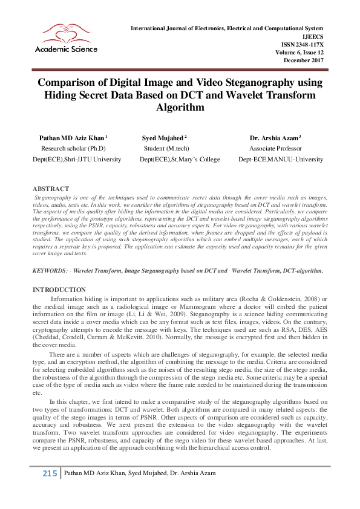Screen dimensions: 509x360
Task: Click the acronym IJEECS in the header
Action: pyautogui.click(x=313, y=36)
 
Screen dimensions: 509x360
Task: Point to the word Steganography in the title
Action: pyautogui.click(x=241, y=82)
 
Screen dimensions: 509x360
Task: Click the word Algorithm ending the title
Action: pyautogui.click(x=180, y=108)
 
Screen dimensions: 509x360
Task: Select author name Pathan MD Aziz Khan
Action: pyautogui.click(x=71, y=138)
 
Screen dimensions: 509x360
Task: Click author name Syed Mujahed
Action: pyautogui.click(x=163, y=138)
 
